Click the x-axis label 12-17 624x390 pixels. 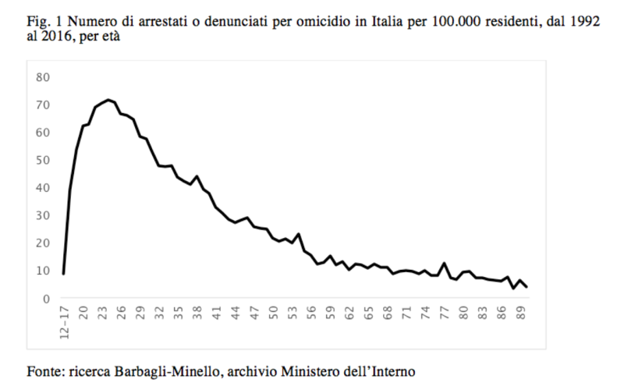tap(63, 322)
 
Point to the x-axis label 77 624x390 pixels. tap(445, 314)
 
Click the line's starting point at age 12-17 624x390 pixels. tap(63, 274)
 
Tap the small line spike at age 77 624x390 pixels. tap(445, 263)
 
